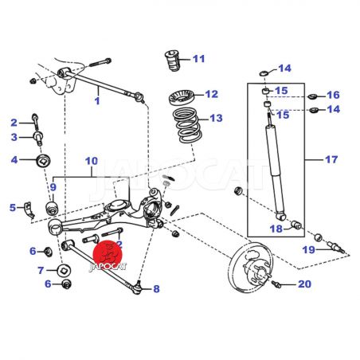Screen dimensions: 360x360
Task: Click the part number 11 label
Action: click(199, 59)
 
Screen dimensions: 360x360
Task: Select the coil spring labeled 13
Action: click(188, 125)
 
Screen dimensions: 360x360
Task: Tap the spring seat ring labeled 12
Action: click(182, 98)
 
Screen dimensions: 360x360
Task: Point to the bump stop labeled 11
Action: click(172, 61)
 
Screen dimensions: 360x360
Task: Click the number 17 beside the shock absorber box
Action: click(331, 159)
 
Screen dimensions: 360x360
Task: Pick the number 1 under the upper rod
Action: click(97, 101)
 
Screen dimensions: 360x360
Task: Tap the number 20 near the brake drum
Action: click(304, 284)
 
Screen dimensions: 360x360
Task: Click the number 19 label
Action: click(309, 249)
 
